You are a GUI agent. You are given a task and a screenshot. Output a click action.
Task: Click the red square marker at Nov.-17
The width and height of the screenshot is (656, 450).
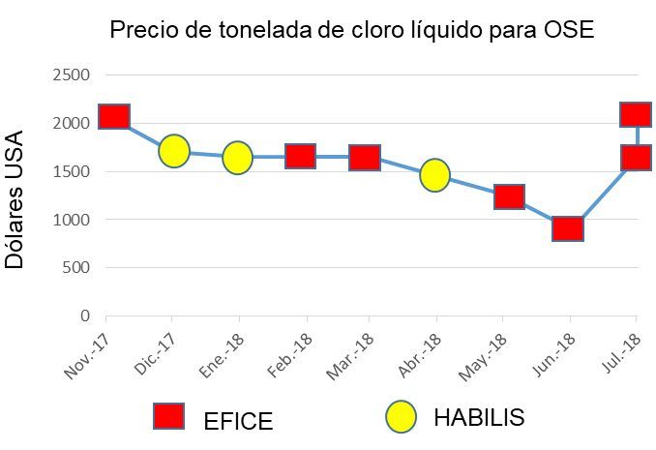(x=114, y=116)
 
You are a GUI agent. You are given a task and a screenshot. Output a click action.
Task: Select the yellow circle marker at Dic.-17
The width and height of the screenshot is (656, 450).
(x=174, y=151)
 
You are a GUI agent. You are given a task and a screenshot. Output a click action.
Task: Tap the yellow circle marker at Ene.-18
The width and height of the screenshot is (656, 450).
(x=238, y=157)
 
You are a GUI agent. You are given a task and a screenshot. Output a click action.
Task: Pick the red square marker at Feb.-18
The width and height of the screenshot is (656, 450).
(x=300, y=156)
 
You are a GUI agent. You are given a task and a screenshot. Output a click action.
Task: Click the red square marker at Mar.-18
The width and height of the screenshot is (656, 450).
(x=365, y=157)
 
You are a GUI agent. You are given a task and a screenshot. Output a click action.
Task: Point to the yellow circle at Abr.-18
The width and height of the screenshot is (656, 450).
(x=434, y=174)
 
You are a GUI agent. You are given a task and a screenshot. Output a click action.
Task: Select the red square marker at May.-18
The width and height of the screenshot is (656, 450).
(x=509, y=196)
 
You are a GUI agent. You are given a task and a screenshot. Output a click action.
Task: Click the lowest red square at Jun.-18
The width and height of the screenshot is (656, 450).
(x=567, y=228)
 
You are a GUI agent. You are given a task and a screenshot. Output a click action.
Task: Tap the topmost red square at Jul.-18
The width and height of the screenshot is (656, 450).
(x=636, y=114)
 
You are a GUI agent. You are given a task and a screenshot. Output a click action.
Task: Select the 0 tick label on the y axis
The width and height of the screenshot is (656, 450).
(x=84, y=315)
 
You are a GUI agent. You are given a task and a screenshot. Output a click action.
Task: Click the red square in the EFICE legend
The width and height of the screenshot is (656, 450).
(x=169, y=416)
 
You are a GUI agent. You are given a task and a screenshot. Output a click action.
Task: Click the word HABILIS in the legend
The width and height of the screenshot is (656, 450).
(x=479, y=418)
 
